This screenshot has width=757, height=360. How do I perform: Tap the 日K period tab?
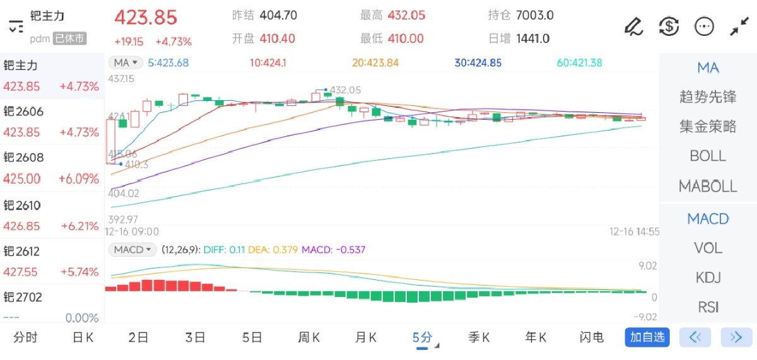[83, 337]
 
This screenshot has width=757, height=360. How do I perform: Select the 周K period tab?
[308, 337]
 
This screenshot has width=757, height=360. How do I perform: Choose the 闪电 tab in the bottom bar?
[591, 337]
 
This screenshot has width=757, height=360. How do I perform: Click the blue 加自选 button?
[647, 337]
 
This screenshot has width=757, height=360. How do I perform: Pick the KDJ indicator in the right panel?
[708, 277]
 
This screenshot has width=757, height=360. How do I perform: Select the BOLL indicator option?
[708, 156]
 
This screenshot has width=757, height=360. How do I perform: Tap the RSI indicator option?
[708, 307]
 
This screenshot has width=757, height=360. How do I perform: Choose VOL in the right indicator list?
[708, 248]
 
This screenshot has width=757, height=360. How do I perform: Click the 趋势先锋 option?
[708, 97]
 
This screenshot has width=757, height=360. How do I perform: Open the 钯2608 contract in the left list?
[50, 168]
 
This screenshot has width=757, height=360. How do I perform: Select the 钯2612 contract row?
[50, 261]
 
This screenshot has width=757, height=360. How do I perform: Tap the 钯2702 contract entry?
[50, 306]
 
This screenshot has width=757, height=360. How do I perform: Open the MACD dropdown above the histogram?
[132, 250]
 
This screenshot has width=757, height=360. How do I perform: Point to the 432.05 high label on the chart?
[345, 90]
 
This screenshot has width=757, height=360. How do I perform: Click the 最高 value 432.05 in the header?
[406, 15]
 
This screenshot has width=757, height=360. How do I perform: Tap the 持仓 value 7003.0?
[534, 15]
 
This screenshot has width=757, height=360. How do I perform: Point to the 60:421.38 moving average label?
[579, 62]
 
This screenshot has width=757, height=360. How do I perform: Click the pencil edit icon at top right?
[633, 26]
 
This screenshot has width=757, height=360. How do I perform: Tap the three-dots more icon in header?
[703, 26]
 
